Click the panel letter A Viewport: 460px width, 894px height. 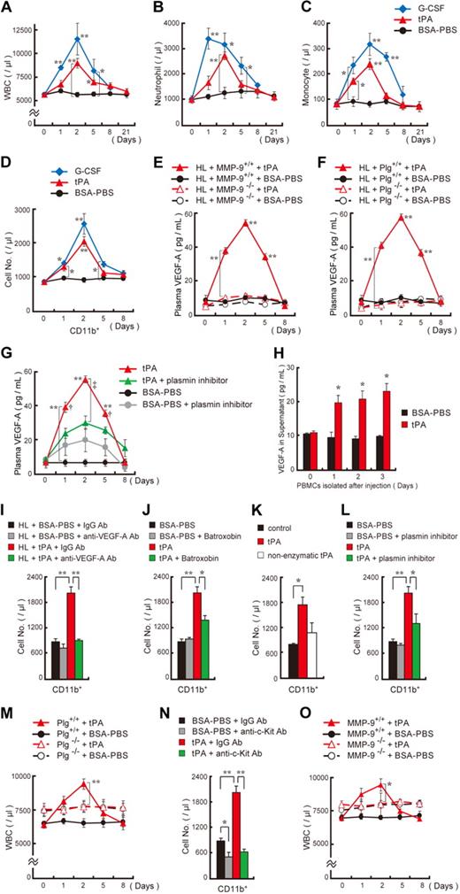8,8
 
